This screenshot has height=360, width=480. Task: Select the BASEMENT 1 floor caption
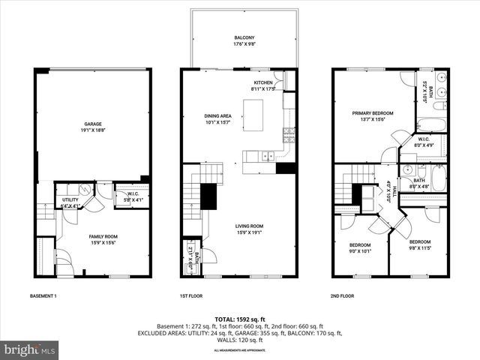(x=43, y=296)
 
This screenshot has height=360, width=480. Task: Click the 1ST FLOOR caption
(x=191, y=296)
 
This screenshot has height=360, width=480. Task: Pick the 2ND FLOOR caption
(x=343, y=296)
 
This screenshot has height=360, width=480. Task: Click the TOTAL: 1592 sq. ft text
(x=239, y=319)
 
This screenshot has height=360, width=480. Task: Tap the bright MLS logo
(x=30, y=349)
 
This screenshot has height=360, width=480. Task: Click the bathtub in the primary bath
(x=431, y=124)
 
